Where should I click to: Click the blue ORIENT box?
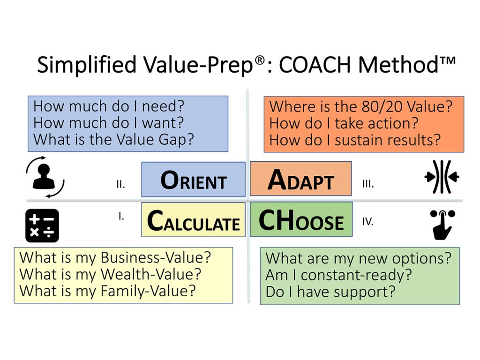click(193, 179)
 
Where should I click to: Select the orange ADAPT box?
click(300, 179)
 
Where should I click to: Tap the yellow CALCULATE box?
click(193, 220)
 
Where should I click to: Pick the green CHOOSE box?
click(301, 219)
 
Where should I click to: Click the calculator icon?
click(42, 225)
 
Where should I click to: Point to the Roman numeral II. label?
click(120, 185)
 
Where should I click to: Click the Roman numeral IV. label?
click(368, 221)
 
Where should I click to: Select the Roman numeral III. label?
click(368, 184)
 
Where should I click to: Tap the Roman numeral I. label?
click(121, 217)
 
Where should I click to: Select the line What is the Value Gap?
click(113, 139)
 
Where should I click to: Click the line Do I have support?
click(330, 292)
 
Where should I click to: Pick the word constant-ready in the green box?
click(356, 275)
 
